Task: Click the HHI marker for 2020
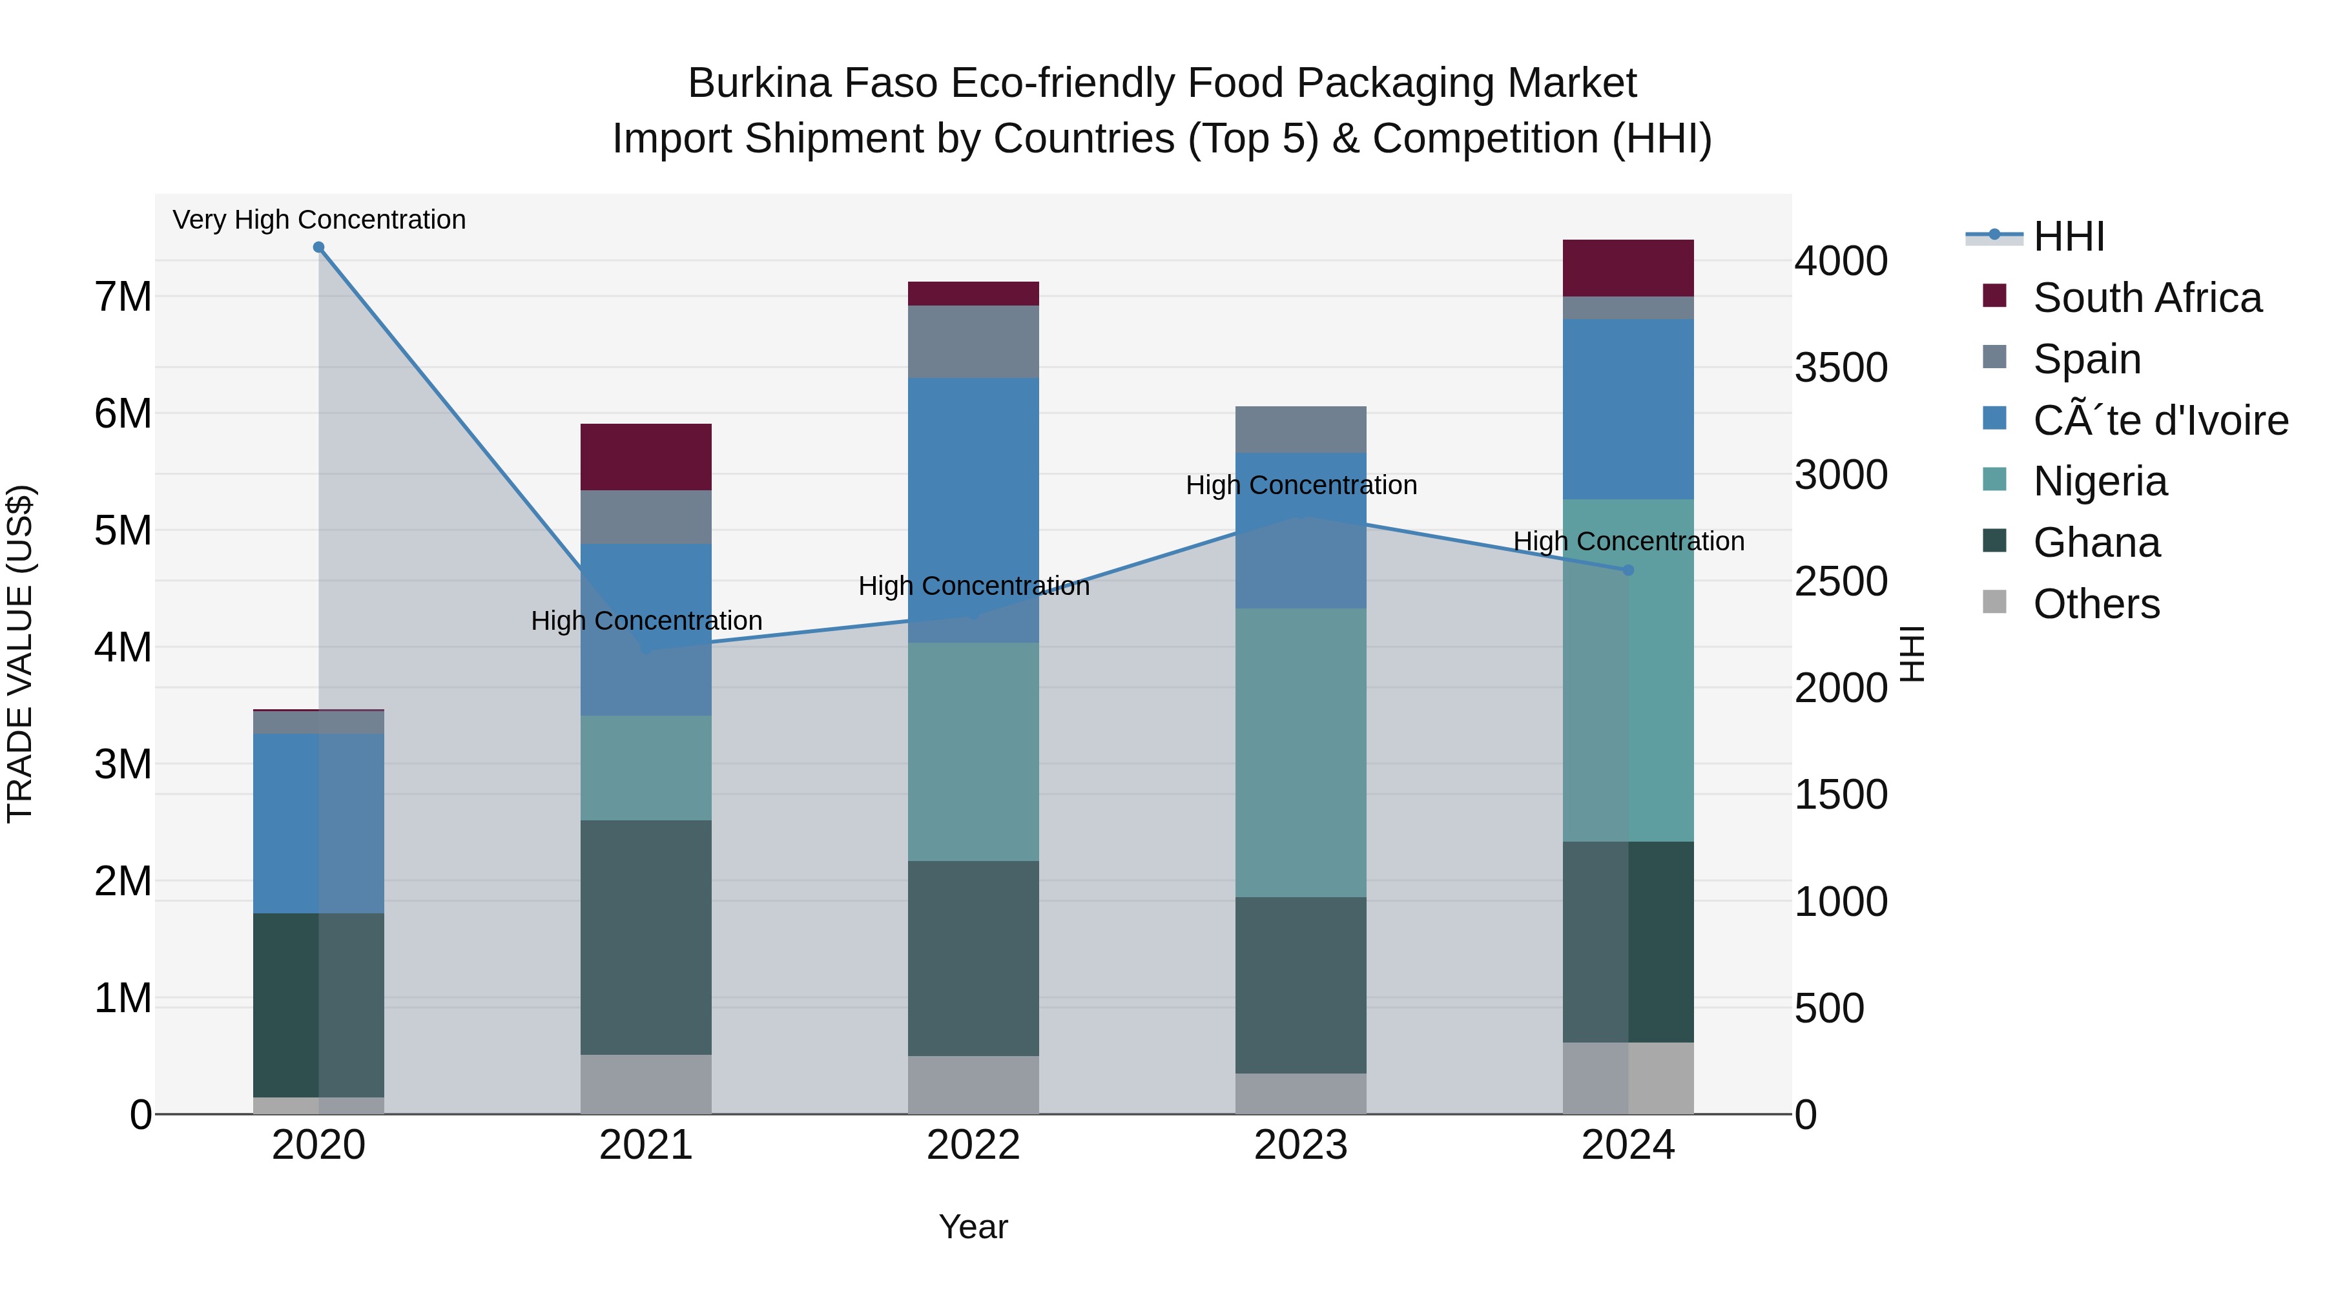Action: tap(318, 247)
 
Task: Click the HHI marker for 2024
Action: tap(1628, 570)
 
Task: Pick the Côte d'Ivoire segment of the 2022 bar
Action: tap(973, 510)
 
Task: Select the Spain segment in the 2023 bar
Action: tap(1301, 430)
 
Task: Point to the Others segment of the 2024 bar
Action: tap(1628, 1078)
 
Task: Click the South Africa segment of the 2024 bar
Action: tap(1628, 268)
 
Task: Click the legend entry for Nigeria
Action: tap(2100, 481)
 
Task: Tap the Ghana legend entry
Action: tap(2096, 543)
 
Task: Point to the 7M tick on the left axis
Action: tap(123, 297)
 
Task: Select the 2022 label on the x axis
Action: tap(973, 1145)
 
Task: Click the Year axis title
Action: tap(973, 1227)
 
